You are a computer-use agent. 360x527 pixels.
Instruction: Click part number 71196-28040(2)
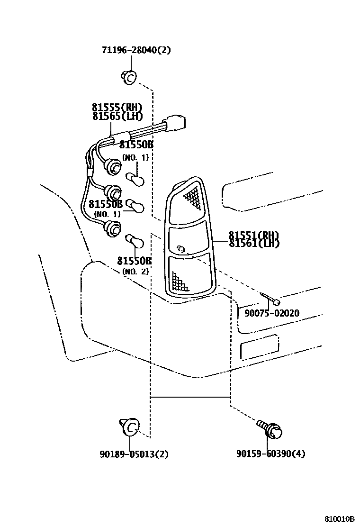(135, 51)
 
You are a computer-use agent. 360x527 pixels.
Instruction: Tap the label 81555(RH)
(117, 108)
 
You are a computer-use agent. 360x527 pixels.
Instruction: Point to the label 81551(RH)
(253, 236)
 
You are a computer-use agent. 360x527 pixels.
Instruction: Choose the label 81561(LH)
(253, 243)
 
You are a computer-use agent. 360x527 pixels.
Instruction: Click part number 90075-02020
(271, 313)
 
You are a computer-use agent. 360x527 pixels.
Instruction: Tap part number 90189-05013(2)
(134, 454)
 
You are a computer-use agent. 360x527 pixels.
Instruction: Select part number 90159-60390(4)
(270, 454)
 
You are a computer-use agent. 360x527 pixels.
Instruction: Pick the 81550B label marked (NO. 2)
(135, 261)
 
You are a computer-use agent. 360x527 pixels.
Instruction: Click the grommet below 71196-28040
(129, 77)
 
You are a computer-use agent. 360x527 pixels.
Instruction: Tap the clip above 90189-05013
(129, 426)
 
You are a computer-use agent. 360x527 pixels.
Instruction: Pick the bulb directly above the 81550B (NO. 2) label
(135, 241)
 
